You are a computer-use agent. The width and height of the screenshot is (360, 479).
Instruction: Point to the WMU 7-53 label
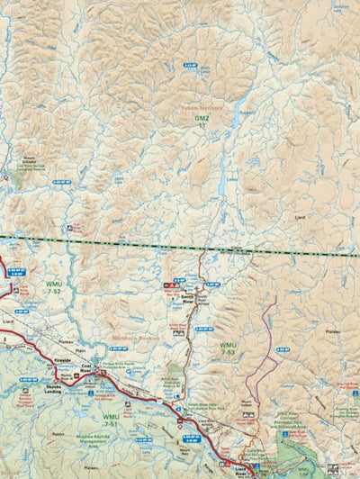[x=229, y=347]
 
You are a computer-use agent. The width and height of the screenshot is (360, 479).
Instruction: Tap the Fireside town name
[x=62, y=360]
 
